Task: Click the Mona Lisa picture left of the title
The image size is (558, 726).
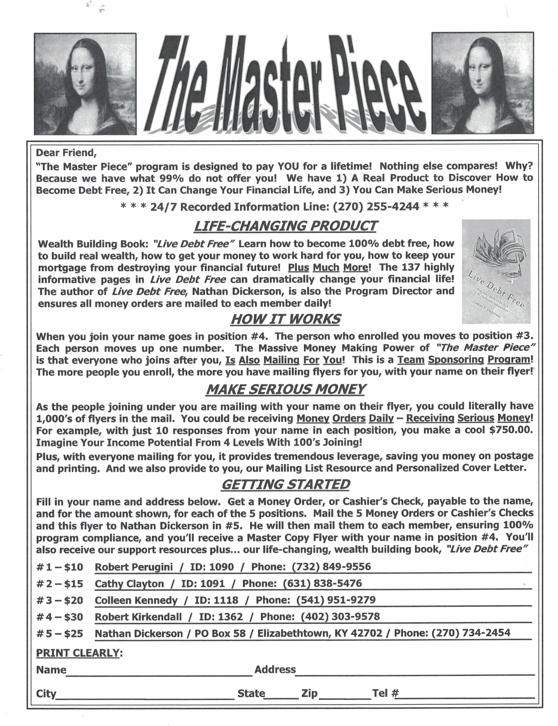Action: [x=85, y=84]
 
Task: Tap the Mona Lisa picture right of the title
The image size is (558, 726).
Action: [x=483, y=83]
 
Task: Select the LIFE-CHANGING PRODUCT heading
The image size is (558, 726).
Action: [x=285, y=226]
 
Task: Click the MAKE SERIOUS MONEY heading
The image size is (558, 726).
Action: [x=285, y=389]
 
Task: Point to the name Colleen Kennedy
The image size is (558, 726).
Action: [x=136, y=600]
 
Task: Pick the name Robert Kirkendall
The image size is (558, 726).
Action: [x=138, y=617]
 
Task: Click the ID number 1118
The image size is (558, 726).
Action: [x=226, y=600]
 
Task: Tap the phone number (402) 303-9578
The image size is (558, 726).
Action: [x=340, y=617]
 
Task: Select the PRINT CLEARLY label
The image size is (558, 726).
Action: [x=77, y=653]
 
